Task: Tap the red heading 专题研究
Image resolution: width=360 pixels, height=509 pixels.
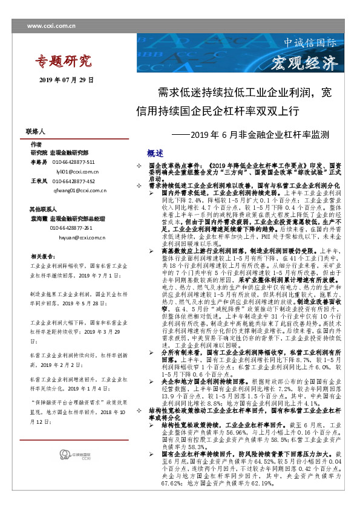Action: (62, 60)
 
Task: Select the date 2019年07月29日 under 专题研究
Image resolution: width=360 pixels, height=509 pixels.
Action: (67, 79)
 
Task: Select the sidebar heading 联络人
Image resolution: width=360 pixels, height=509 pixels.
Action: (36, 131)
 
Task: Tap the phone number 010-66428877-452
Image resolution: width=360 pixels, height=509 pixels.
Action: (73, 181)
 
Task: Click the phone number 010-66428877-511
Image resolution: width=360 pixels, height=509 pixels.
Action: (73, 163)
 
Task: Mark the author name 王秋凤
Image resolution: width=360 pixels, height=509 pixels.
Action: (39, 181)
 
